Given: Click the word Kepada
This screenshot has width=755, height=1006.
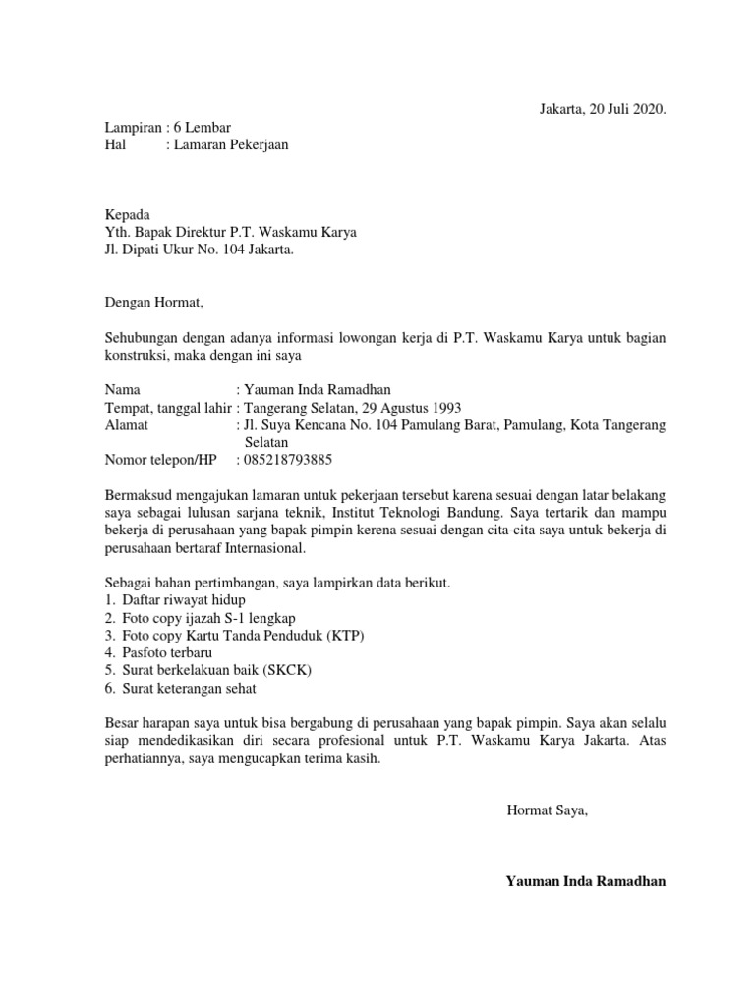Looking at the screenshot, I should click(128, 214).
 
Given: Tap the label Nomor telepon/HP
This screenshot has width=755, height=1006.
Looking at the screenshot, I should click(160, 460).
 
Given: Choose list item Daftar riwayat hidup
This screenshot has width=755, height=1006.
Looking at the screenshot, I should click(184, 600).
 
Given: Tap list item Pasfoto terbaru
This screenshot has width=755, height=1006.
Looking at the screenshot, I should click(167, 653).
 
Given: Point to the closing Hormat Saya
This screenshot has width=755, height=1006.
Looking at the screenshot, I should click(547, 810).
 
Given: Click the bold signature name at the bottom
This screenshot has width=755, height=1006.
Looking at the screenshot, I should click(586, 881).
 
